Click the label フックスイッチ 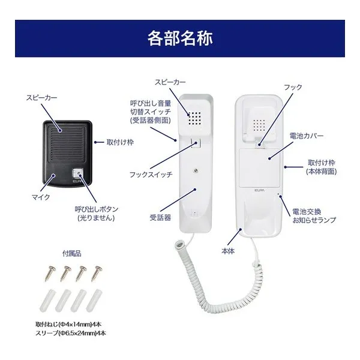click(x=151, y=175)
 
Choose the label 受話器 click(x=159, y=217)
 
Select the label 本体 click(x=228, y=251)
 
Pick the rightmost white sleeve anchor click(x=95, y=299)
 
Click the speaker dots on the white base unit click(x=259, y=126)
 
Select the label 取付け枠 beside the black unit click(x=120, y=142)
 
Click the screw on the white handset click(x=197, y=170)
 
